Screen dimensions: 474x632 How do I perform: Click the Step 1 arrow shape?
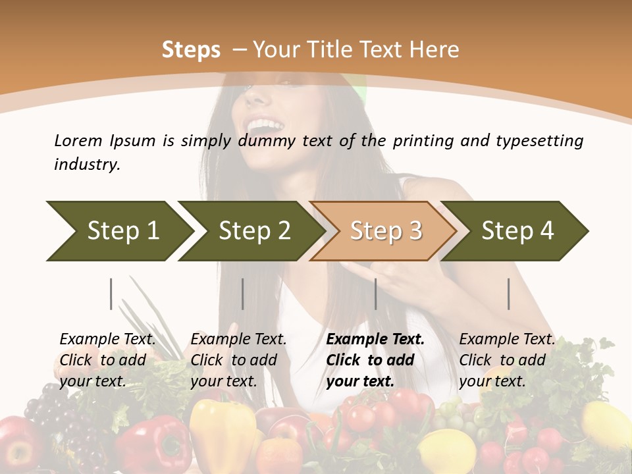[x=122, y=230]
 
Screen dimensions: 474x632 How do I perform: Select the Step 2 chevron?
[x=253, y=230]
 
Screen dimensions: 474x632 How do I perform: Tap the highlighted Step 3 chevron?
[x=385, y=230]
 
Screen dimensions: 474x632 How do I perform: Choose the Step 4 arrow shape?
[x=517, y=230]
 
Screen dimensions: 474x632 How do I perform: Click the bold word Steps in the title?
[x=191, y=50]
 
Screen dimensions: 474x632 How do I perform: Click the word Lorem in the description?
[x=78, y=140]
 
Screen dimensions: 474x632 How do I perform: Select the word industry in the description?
[x=86, y=165]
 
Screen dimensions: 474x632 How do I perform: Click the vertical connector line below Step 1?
[x=111, y=294]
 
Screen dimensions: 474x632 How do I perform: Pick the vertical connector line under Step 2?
[x=243, y=294]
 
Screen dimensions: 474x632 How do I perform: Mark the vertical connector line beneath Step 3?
[x=375, y=294]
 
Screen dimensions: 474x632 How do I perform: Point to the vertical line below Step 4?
[x=508, y=294]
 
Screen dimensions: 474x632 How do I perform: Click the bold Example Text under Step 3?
[x=375, y=340]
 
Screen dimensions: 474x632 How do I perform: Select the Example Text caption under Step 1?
[x=107, y=340]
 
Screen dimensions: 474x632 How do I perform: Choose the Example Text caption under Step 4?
[x=507, y=340]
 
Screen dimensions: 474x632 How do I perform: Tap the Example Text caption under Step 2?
[x=238, y=340]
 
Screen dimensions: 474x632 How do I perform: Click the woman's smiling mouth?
[x=263, y=125]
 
